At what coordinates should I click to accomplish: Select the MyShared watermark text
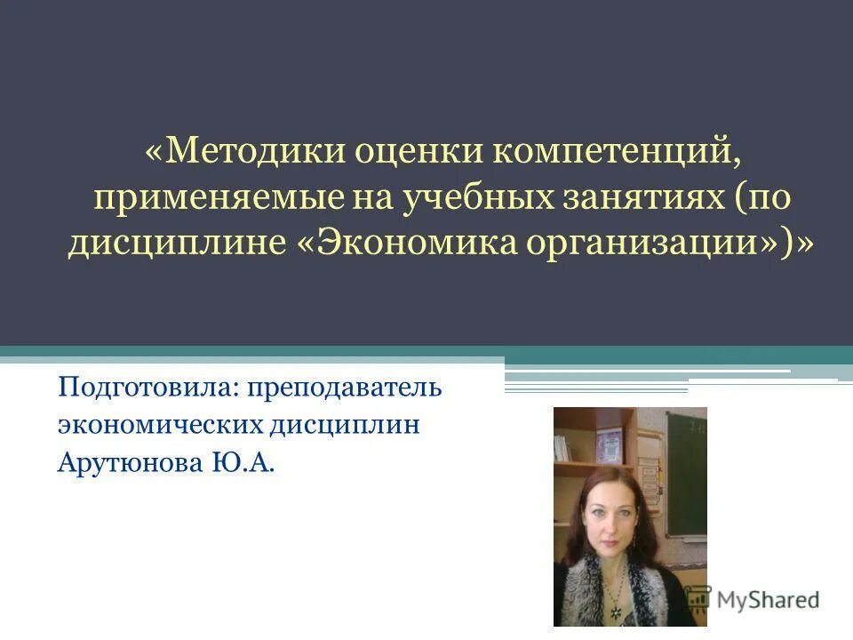(769, 600)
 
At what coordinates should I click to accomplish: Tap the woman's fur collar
(578, 578)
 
